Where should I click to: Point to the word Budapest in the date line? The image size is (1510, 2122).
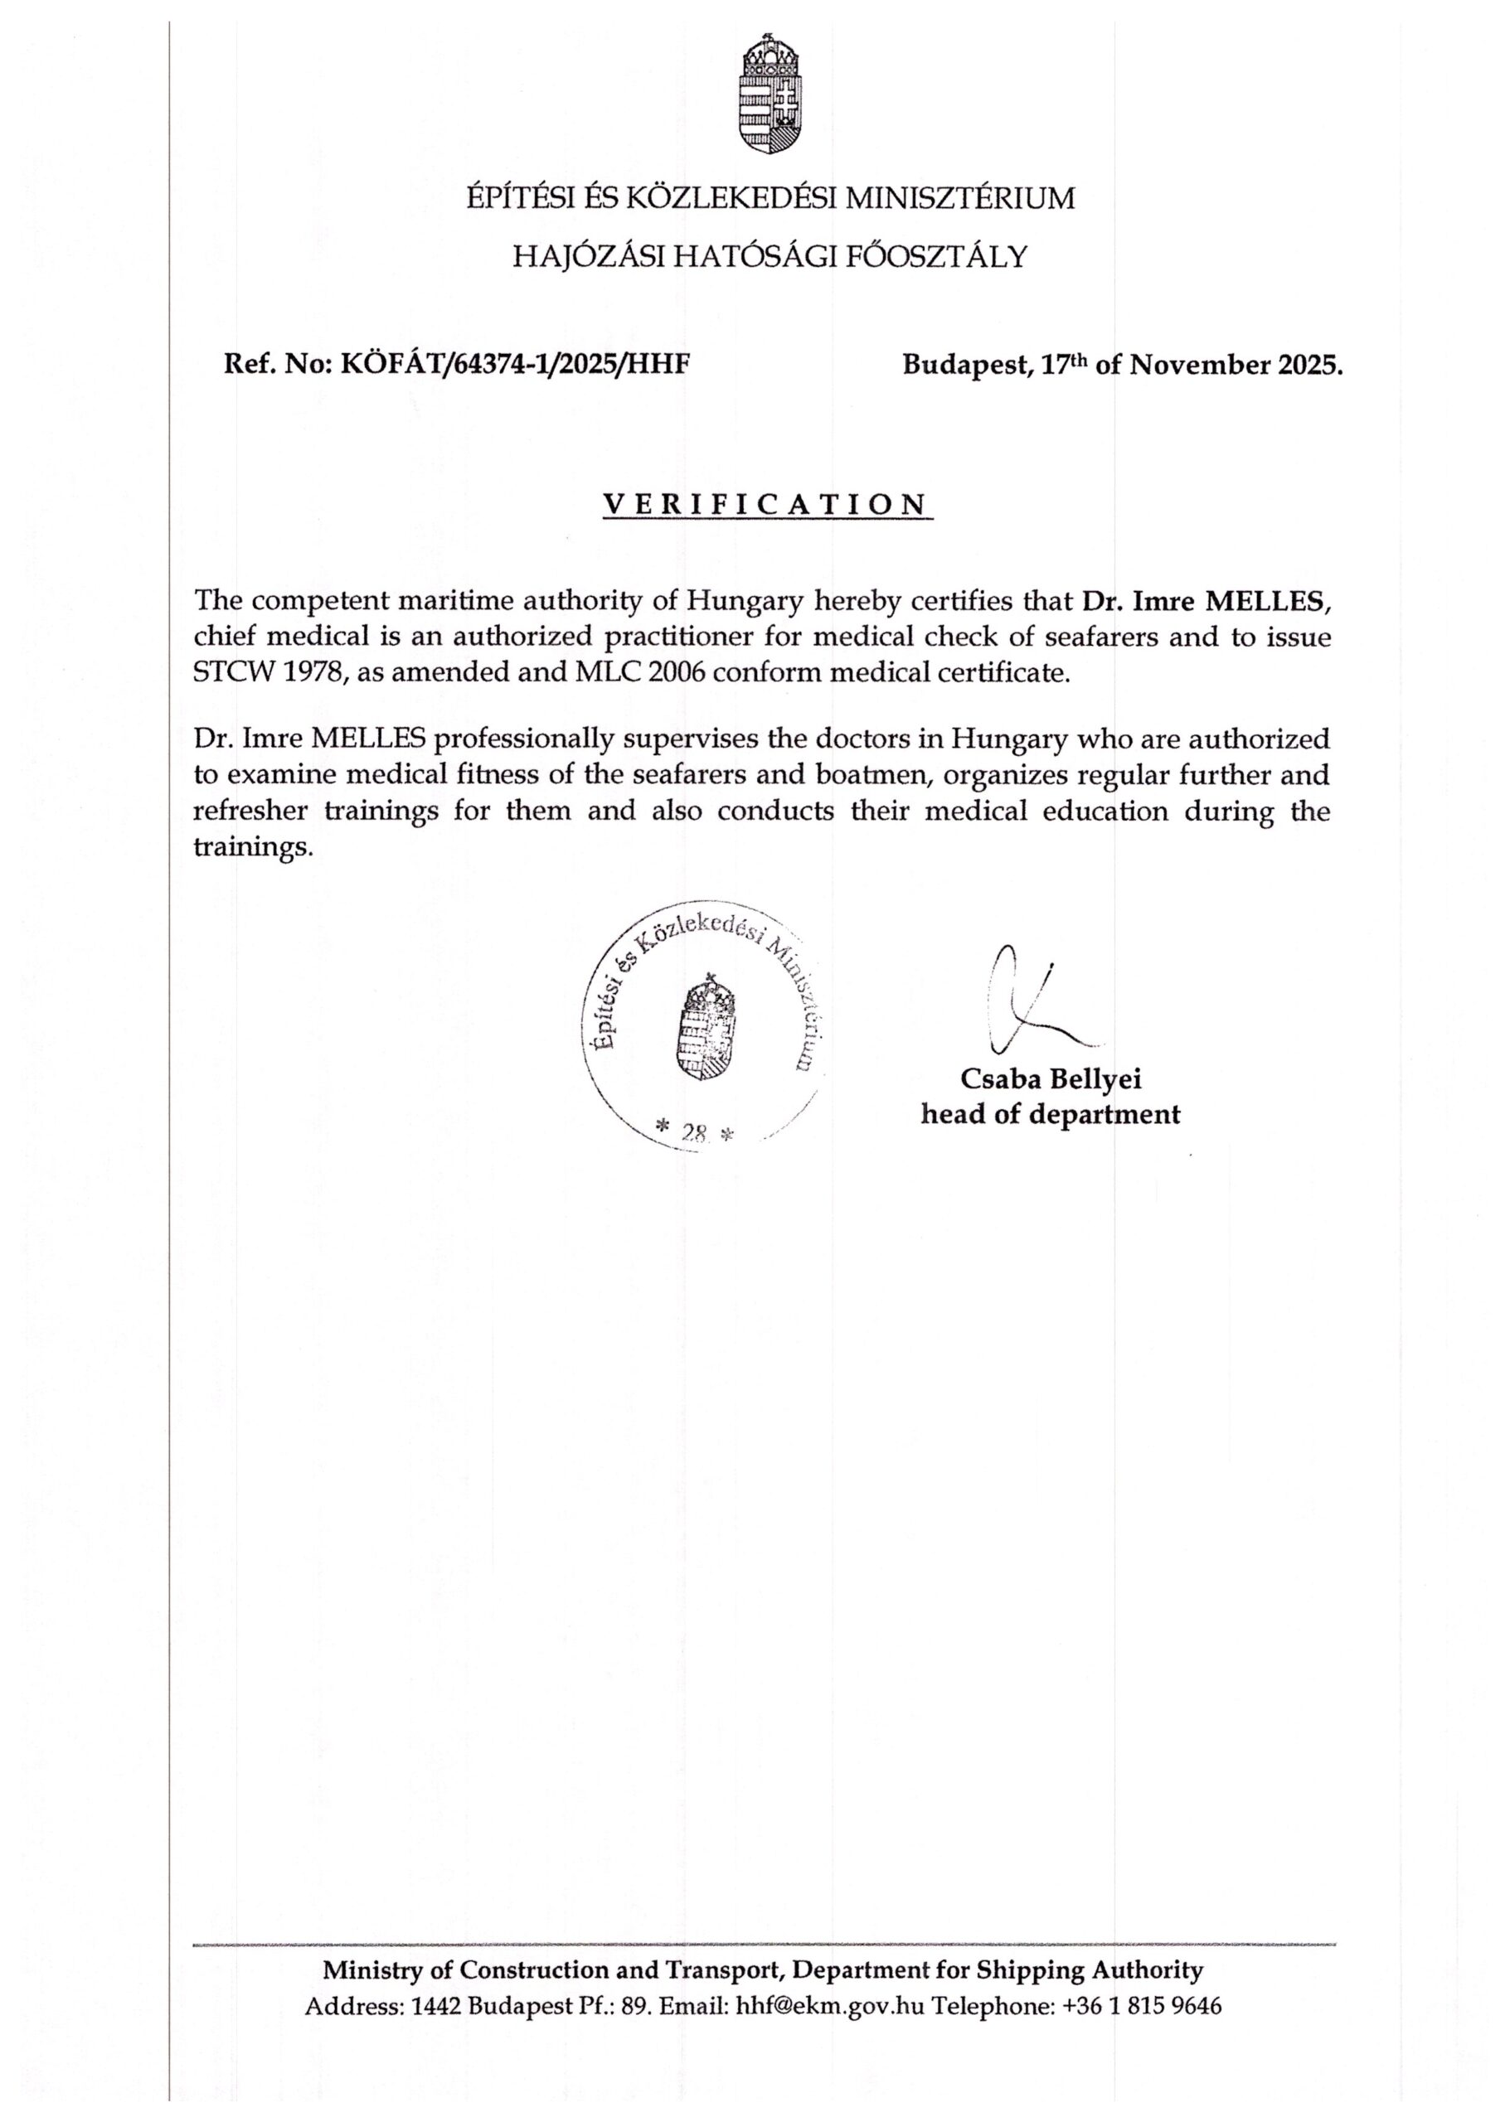(966, 365)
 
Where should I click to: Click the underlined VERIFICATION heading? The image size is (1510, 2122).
(766, 504)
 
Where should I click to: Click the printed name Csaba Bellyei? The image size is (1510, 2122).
(1051, 1079)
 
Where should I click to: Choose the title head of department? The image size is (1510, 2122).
(1051, 1114)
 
